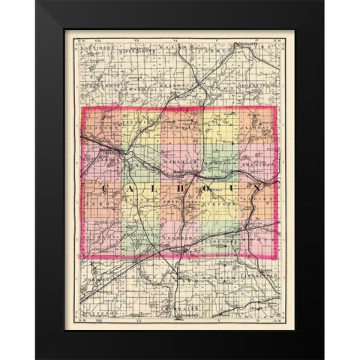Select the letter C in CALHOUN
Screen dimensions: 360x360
pyautogui.click(x=103, y=187)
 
